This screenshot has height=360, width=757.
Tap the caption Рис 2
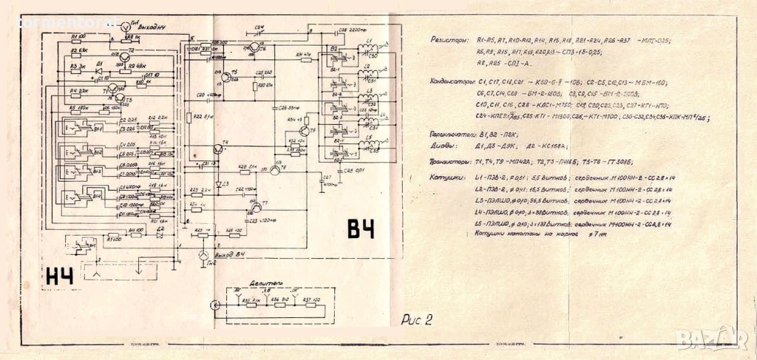click(x=415, y=319)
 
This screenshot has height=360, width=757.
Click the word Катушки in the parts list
click(x=446, y=178)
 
